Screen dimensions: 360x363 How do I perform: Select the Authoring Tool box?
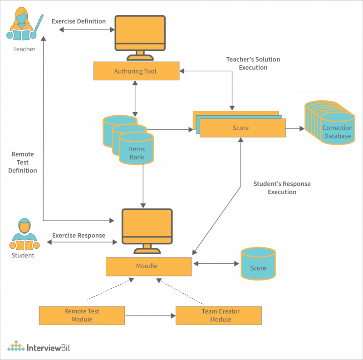(136, 71)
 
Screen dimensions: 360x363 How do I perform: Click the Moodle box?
(148, 266)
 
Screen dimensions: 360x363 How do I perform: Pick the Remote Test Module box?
(82, 316)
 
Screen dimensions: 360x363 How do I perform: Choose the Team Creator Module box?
(218, 316)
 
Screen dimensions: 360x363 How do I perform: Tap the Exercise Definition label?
(78, 21)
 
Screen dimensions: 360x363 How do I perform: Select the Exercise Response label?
(78, 236)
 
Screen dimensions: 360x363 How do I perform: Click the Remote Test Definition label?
(23, 163)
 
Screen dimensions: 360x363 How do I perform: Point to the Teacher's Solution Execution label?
(253, 64)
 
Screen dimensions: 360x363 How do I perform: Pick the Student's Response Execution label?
(281, 188)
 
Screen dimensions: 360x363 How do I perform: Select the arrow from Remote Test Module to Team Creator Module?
(150, 316)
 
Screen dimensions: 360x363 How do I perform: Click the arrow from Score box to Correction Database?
(295, 129)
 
